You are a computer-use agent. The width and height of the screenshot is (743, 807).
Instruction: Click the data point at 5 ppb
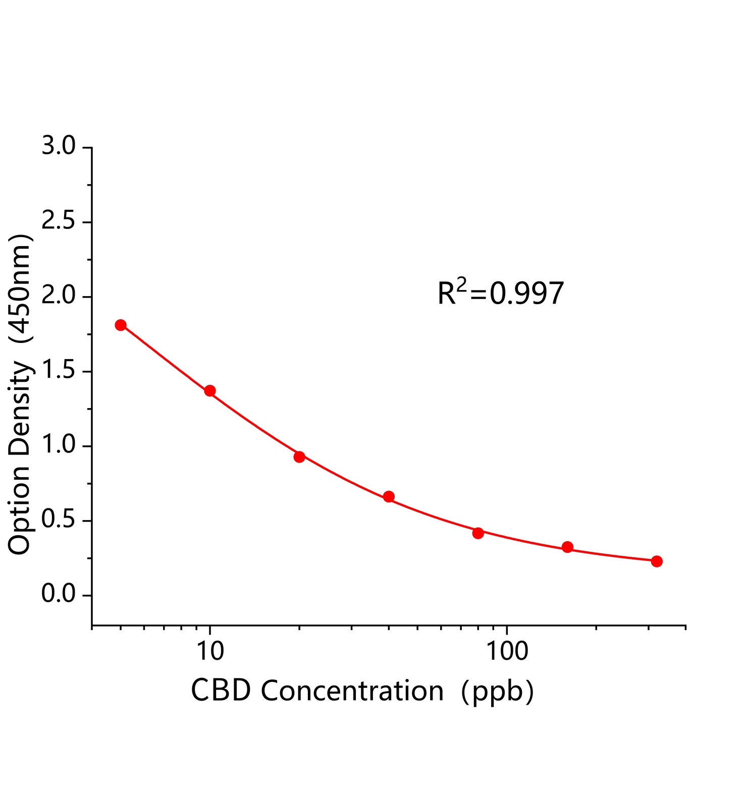coord(120,325)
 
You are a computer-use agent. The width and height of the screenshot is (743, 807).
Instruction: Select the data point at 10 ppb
coord(210,391)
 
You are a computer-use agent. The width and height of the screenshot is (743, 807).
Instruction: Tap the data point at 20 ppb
coord(299,457)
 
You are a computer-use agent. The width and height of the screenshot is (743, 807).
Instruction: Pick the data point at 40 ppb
coord(389,497)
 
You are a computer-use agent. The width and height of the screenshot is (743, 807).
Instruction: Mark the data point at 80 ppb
coord(478,533)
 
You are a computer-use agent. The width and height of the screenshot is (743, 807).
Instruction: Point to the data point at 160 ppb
coord(567,547)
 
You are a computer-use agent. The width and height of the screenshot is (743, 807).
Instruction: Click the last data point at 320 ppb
coord(657,561)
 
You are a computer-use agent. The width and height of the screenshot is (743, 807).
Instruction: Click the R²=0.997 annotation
coord(500,294)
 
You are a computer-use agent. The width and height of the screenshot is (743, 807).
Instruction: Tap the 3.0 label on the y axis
coord(58,147)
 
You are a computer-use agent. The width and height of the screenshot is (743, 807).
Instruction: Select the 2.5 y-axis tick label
coord(58,222)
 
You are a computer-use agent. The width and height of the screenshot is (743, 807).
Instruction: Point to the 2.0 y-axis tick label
coord(58,297)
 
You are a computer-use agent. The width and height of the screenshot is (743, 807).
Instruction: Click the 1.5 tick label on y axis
coord(58,371)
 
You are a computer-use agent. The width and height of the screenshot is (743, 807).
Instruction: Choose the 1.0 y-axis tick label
coord(58,446)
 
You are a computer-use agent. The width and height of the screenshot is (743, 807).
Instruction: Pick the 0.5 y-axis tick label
coord(58,521)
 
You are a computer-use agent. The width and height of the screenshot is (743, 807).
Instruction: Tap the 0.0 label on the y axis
coord(58,595)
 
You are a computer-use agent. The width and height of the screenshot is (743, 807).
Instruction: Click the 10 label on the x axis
coord(210,652)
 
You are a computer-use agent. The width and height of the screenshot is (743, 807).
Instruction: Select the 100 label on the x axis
coord(507,652)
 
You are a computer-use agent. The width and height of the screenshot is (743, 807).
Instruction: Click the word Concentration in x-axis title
coord(352,691)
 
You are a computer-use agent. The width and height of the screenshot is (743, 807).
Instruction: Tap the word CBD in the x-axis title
coord(221,691)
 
